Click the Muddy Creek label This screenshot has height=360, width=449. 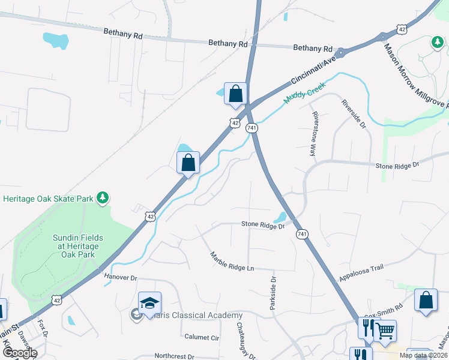pos(304,97)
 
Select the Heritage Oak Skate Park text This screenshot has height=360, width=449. pos(48,199)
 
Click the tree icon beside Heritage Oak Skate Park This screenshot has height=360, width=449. pos(103,197)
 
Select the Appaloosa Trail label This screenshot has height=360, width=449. pos(361,274)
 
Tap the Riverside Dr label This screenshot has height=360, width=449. pos(354,115)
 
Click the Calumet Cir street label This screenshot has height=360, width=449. pos(202,337)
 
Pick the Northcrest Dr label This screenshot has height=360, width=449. pos(175,355)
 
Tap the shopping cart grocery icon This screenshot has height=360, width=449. pos(385,330)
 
